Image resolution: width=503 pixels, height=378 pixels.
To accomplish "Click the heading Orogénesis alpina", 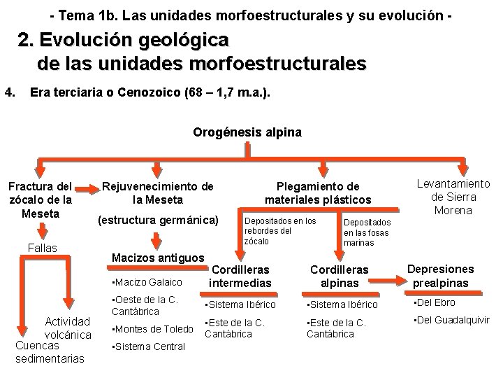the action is coord(247,132).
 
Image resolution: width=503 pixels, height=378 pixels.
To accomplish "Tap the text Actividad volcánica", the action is coord(68,328).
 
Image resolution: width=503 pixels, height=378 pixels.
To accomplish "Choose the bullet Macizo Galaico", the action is coord(147,282).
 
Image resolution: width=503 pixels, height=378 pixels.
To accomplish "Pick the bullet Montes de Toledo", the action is coord(151,328).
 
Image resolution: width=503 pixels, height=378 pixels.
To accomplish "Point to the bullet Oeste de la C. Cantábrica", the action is coord(145,305).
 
